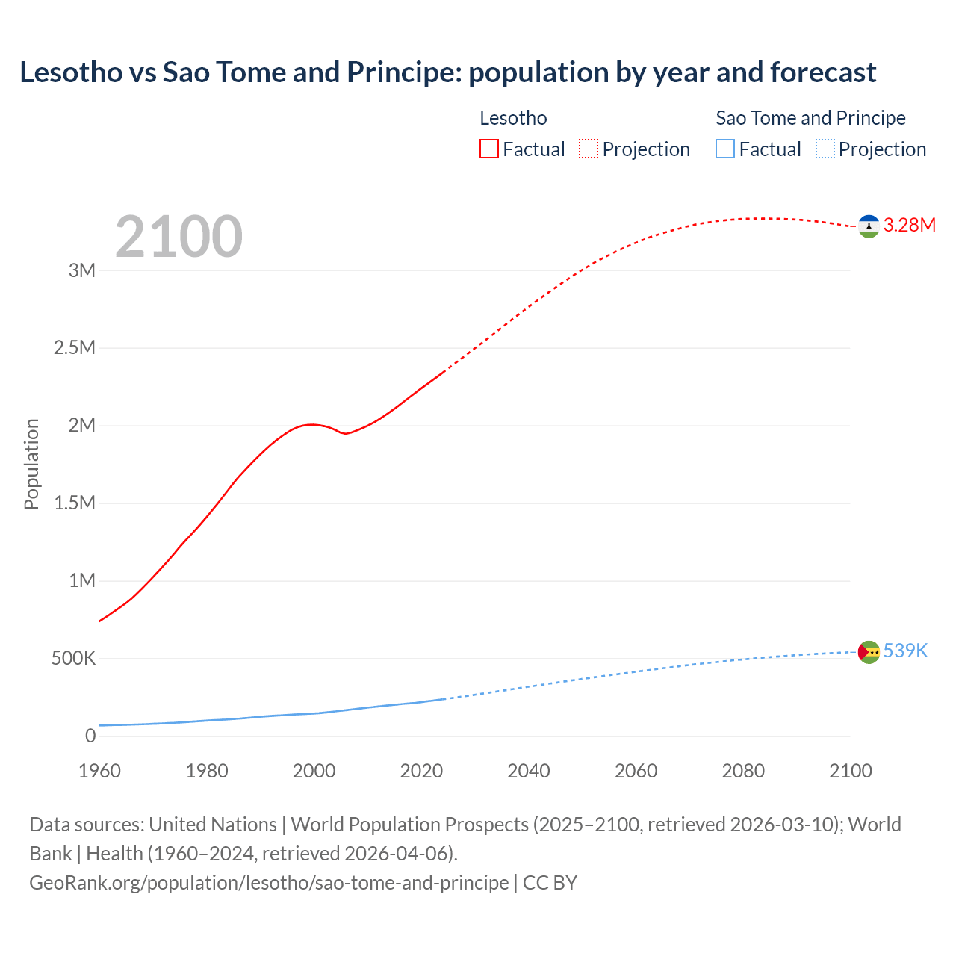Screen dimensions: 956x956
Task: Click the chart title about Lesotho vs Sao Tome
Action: pyautogui.click(x=448, y=72)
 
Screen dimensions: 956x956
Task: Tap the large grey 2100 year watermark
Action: pyautogui.click(x=179, y=237)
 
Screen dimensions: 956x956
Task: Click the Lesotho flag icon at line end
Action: pyautogui.click(x=869, y=226)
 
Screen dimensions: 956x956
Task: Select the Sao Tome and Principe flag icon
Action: pyautogui.click(x=869, y=652)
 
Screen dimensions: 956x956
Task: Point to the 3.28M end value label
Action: pyautogui.click(x=909, y=226)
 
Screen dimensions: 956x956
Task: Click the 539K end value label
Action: pyautogui.click(x=905, y=651)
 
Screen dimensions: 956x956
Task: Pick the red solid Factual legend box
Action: pyautogui.click(x=489, y=149)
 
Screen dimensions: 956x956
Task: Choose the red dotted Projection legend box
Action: pyautogui.click(x=589, y=149)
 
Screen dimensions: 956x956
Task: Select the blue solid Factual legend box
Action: pyautogui.click(x=725, y=149)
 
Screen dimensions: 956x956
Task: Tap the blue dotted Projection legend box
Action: pyautogui.click(x=825, y=149)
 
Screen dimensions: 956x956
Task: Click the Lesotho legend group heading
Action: pyautogui.click(x=513, y=118)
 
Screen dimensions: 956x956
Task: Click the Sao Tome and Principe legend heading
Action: pyautogui.click(x=810, y=118)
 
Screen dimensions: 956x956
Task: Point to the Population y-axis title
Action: pyautogui.click(x=31, y=464)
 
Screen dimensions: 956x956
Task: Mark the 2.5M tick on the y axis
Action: pyautogui.click(x=75, y=348)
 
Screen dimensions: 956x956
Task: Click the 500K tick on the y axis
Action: pyautogui.click(x=73, y=659)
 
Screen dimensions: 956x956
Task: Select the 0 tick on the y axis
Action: pyautogui.click(x=90, y=736)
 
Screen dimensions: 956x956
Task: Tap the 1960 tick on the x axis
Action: pyautogui.click(x=99, y=771)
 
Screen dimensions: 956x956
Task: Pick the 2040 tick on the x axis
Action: pyautogui.click(x=529, y=771)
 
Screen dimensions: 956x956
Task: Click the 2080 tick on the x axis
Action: pyautogui.click(x=743, y=771)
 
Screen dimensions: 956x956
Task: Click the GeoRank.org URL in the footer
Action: pyautogui.click(x=269, y=883)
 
